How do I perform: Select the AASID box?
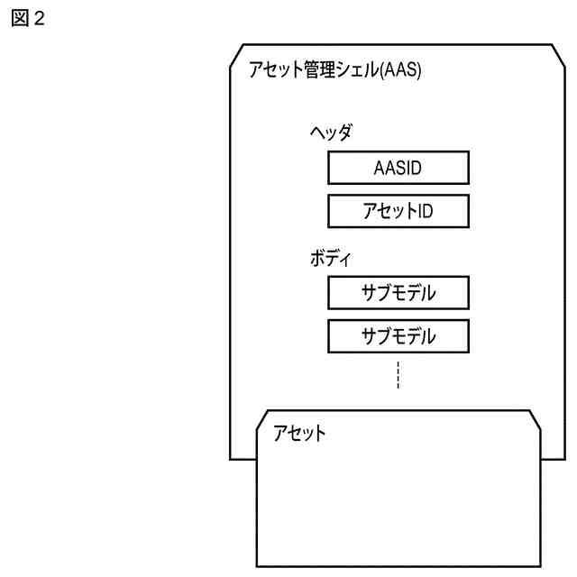(398, 168)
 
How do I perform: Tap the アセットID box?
(398, 212)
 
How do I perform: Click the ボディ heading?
(330, 260)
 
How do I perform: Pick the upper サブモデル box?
(398, 293)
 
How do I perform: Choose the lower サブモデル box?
(398, 336)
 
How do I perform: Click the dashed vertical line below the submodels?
(398, 375)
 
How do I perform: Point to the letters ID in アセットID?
(423, 212)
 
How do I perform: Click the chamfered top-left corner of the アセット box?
(263, 416)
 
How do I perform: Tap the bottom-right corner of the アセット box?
(540, 566)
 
